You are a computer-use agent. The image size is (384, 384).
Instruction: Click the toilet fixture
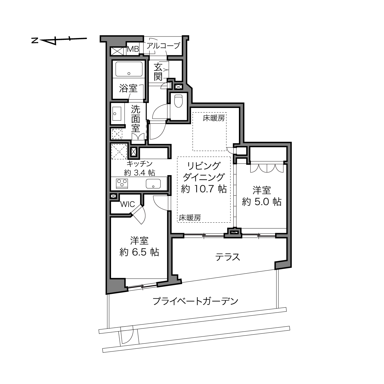coord(178,101)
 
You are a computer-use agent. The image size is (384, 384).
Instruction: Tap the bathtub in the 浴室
coord(129,69)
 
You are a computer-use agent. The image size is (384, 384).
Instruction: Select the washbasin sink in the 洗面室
coord(117,113)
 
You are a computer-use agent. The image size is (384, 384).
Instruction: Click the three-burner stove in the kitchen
coord(122,183)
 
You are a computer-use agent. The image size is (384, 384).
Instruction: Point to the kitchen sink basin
coord(153,183)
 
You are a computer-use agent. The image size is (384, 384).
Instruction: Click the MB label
coord(133,49)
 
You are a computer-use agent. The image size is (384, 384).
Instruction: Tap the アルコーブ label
coord(163,46)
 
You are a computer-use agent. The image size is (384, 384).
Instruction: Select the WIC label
coord(128,204)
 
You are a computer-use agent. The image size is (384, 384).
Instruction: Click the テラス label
coord(228,257)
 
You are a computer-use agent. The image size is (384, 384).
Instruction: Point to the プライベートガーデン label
coord(195,301)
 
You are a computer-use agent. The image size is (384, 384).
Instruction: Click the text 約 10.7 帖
coord(204,189)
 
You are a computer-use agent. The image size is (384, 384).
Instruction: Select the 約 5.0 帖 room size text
coord(262,202)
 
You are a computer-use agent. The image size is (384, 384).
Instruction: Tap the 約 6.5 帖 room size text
coord(139,252)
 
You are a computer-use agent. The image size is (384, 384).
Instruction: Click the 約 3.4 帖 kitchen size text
coord(140,173)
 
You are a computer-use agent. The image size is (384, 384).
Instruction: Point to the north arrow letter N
coord(35,40)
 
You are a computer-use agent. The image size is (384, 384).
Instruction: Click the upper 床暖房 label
coord(213,118)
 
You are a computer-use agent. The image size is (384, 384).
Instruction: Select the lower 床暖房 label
coord(190,218)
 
